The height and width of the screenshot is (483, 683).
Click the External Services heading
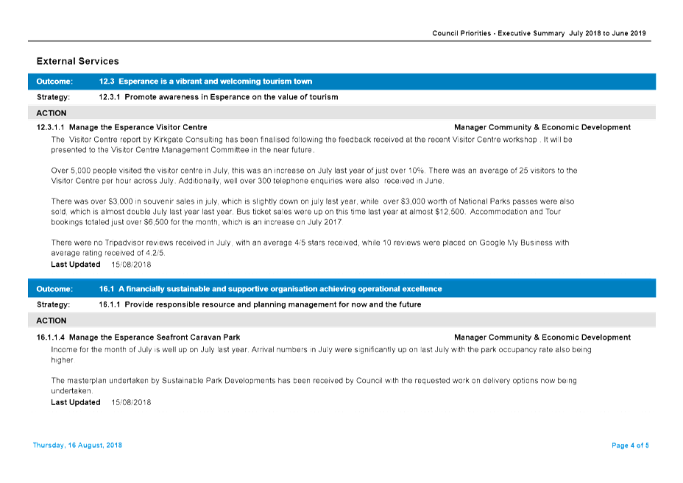point(77,61)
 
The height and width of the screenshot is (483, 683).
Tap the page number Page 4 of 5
point(630,446)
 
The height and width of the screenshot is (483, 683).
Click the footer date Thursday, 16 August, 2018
point(77,446)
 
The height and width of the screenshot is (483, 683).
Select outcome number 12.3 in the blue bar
point(107,82)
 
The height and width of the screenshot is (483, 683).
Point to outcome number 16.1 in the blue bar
point(107,289)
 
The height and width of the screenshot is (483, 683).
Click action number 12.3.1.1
point(51,127)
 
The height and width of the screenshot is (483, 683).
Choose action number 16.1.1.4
point(51,337)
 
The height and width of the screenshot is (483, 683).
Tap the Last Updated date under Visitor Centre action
point(131,265)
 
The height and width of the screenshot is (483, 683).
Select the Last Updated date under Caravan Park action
point(131,403)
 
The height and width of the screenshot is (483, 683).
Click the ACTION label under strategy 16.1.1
point(52,321)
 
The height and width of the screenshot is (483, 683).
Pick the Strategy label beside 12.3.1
point(53,97)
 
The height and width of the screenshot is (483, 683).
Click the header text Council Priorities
point(461,33)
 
